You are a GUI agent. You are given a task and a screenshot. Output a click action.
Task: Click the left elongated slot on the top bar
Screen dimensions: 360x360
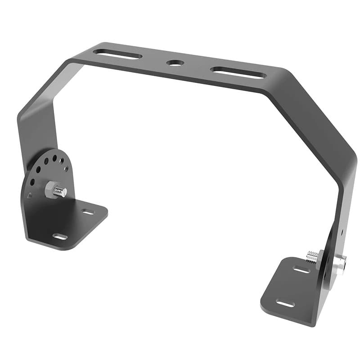[x=117, y=54]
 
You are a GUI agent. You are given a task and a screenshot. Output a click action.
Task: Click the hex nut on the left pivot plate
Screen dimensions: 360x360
[x=51, y=189]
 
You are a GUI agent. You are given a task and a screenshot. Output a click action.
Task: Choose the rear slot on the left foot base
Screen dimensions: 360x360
[x=88, y=211]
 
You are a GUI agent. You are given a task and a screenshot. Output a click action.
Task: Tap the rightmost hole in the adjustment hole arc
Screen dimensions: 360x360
[x=66, y=169]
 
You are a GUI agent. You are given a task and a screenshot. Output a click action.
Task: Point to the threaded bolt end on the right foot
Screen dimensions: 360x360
[x=312, y=257]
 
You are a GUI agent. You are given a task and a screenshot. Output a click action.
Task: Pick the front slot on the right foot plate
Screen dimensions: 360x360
[x=285, y=303]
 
